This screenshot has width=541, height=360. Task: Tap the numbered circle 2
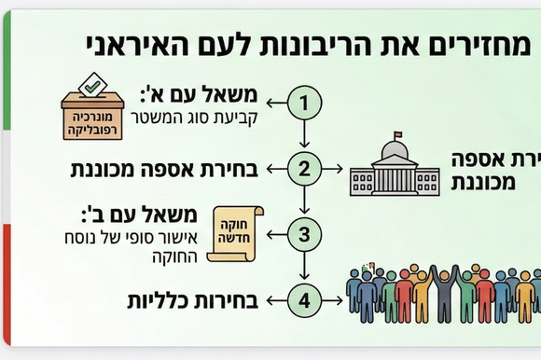coord(303,169)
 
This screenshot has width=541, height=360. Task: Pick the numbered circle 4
coord(303,299)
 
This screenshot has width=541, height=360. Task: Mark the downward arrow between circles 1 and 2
coord(303,135)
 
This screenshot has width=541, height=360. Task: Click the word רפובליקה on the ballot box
coord(92,131)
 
